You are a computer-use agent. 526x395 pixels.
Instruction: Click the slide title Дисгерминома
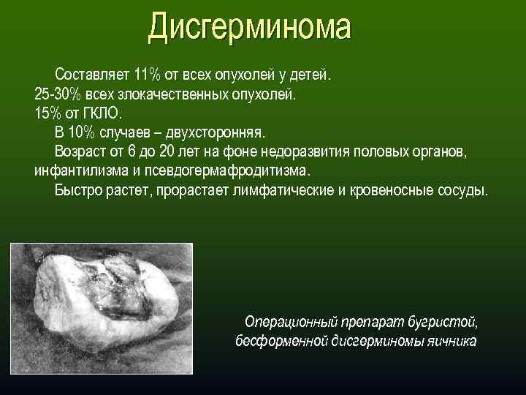coord(249,27)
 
